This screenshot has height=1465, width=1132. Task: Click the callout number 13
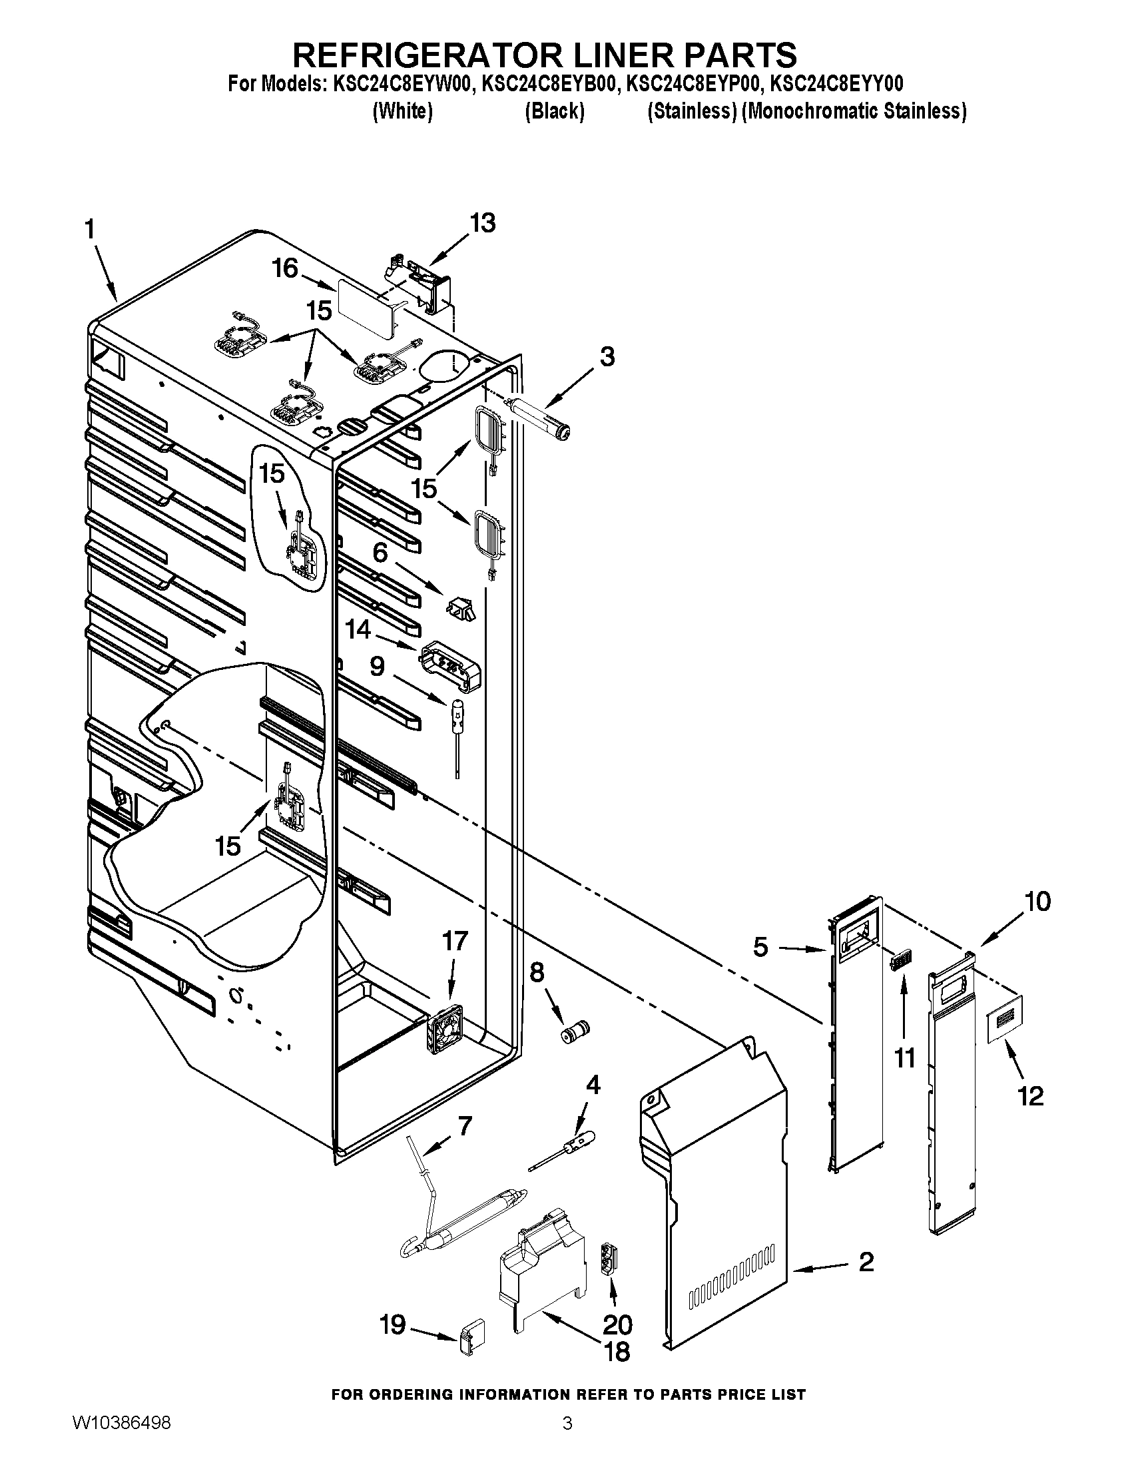tap(483, 222)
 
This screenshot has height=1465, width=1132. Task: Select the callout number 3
tap(606, 357)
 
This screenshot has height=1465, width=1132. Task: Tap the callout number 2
tap(866, 1263)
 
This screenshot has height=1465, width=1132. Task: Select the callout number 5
tap(760, 947)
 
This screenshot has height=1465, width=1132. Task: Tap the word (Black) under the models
tap(554, 111)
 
